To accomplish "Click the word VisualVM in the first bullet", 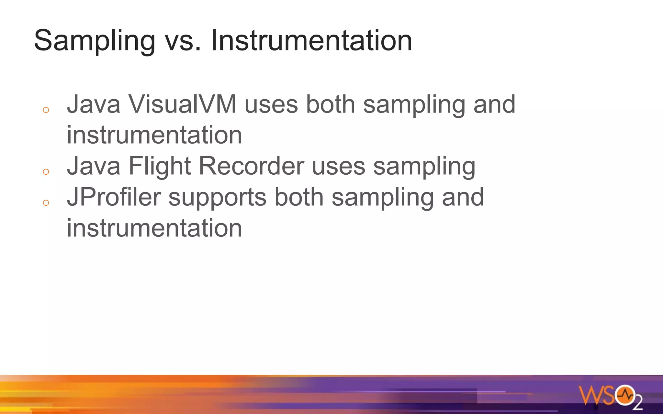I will (182, 104).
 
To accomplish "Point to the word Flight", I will (160, 166).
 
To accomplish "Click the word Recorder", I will (251, 166).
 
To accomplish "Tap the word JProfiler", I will (114, 197).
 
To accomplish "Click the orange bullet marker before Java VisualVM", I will (46, 110).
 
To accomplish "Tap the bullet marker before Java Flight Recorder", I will (46, 172).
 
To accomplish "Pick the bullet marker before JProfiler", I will (46, 203).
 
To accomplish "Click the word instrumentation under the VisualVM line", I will (154, 135).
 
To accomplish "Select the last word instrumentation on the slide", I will (154, 228).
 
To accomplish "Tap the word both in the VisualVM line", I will (330, 104).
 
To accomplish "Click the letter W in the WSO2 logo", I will (590, 395).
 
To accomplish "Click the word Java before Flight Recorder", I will (94, 166).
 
